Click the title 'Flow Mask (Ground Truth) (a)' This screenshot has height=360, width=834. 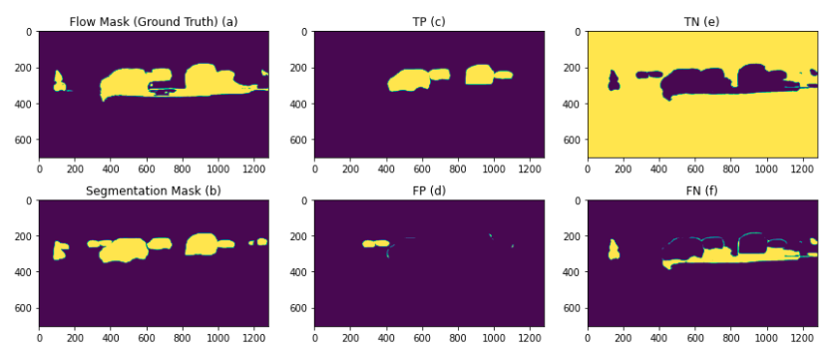pos(153,21)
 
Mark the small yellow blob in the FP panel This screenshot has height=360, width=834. pos(376,243)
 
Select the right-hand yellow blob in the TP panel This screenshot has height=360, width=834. pos(481,74)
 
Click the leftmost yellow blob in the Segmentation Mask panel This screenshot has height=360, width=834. pos(61,249)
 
